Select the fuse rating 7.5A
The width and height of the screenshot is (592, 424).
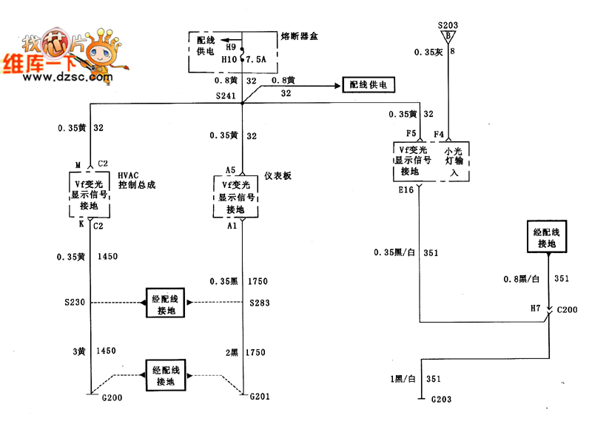click(x=256, y=59)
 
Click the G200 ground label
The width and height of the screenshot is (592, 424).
click(x=101, y=398)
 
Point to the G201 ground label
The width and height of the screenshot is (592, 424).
click(x=260, y=397)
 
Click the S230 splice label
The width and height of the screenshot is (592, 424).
click(x=76, y=303)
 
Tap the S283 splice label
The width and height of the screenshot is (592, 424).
click(x=260, y=303)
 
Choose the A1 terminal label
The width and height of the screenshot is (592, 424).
click(x=232, y=226)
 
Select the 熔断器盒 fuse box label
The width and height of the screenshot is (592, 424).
click(x=300, y=36)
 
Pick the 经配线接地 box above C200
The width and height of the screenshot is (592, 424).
click(x=547, y=238)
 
